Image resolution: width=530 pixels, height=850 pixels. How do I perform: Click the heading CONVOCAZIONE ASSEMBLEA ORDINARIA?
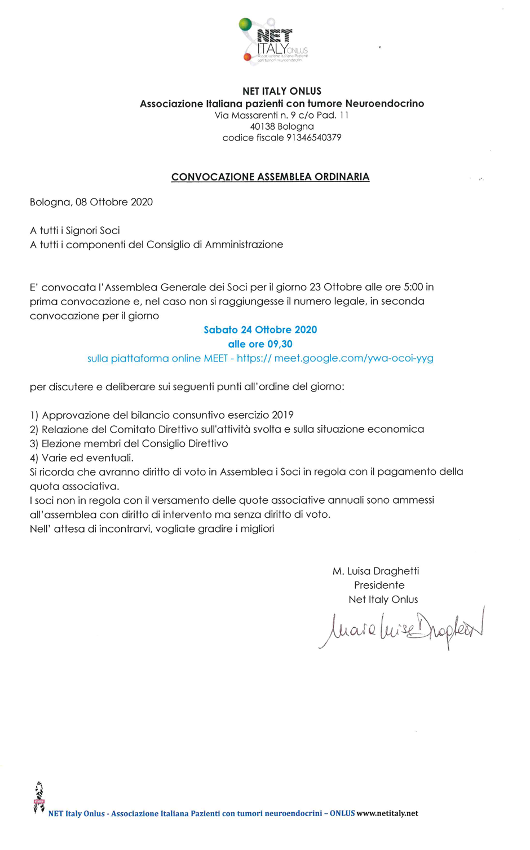point(270,177)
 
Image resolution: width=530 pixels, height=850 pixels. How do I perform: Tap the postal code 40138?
point(262,126)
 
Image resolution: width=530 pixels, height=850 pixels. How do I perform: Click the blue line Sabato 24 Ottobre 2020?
point(260,330)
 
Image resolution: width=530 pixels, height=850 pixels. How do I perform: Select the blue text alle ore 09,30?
point(260,344)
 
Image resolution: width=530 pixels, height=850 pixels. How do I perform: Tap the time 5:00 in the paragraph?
point(413,287)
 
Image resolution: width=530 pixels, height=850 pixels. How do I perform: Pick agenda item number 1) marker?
point(34,416)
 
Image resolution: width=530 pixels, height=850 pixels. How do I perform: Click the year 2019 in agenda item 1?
point(282,415)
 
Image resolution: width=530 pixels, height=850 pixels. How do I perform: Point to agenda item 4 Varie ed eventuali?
point(82,458)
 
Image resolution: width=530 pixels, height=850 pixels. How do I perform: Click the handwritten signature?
point(401,627)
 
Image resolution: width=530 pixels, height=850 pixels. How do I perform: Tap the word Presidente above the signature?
point(379,585)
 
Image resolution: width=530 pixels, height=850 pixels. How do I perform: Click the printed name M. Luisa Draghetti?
point(376,571)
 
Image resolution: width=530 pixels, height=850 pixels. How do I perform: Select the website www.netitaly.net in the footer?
point(387,813)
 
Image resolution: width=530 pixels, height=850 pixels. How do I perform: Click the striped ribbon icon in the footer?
point(39,797)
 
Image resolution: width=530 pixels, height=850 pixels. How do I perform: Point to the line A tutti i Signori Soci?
point(75,230)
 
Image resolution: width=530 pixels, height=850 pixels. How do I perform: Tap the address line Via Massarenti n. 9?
point(281,115)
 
